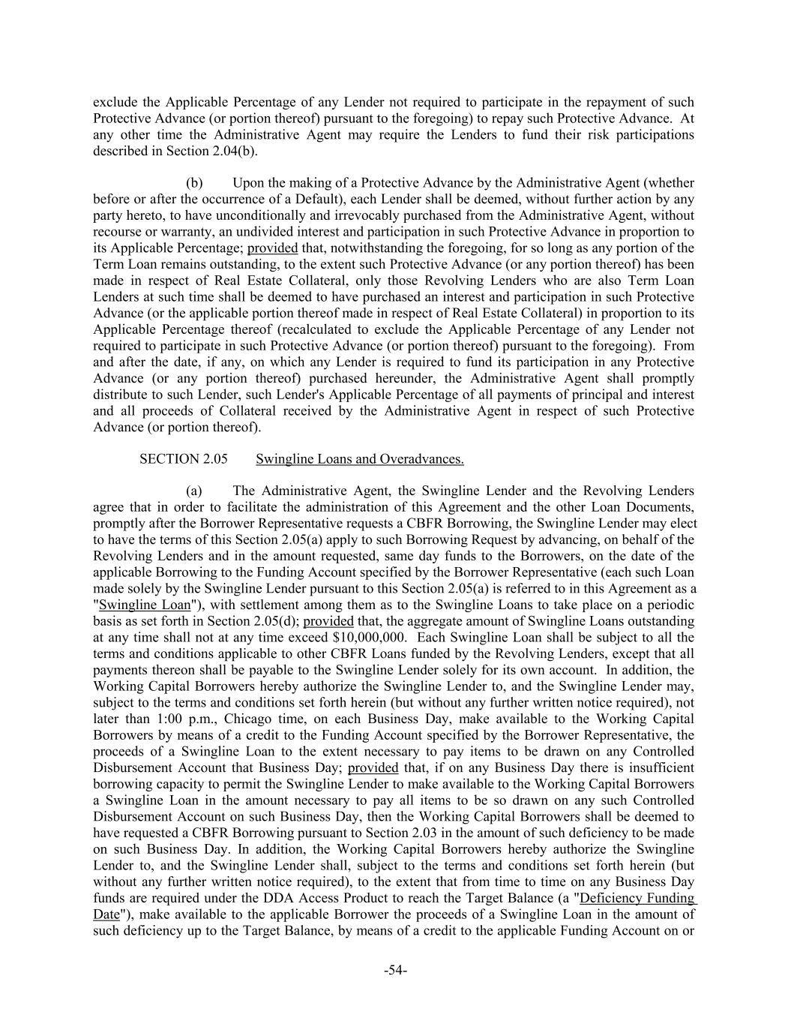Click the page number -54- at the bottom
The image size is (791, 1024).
click(x=395, y=971)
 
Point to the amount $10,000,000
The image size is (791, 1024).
click(x=369, y=638)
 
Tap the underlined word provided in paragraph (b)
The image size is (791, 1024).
click(x=272, y=248)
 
